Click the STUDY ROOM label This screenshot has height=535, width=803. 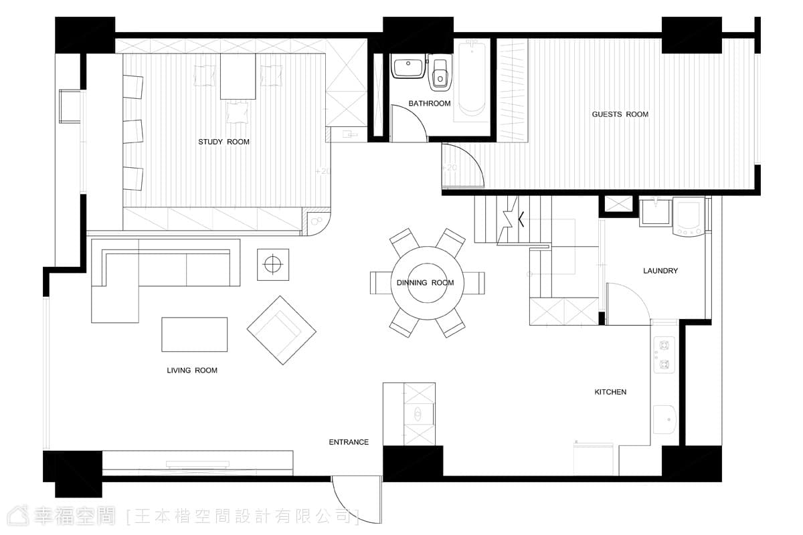click(224, 142)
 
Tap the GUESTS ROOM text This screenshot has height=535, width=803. click(620, 114)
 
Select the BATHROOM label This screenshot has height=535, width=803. click(430, 104)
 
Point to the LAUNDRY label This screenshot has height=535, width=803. click(660, 271)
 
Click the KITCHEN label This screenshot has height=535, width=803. click(610, 392)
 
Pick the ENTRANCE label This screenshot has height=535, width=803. click(349, 442)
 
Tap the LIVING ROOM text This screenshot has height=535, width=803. click(192, 370)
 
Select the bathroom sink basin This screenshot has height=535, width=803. click(408, 66)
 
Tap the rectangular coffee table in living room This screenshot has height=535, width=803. click(194, 334)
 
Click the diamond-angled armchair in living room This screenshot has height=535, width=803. click(282, 330)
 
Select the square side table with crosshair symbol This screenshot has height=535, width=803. click(273, 265)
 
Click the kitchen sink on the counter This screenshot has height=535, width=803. click(664, 419)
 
